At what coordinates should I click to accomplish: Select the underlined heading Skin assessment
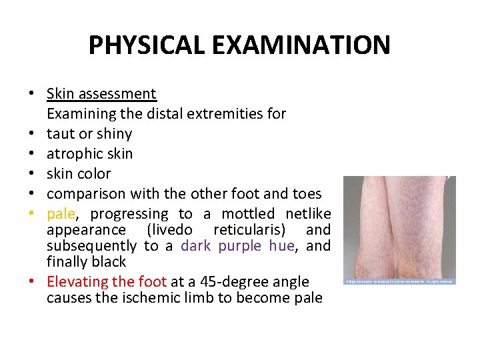101,94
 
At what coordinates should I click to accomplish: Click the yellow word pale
61,214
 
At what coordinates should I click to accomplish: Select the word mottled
248,214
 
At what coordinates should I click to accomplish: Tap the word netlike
308,214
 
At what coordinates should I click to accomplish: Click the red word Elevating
78,281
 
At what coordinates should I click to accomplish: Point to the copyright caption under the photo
399,281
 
